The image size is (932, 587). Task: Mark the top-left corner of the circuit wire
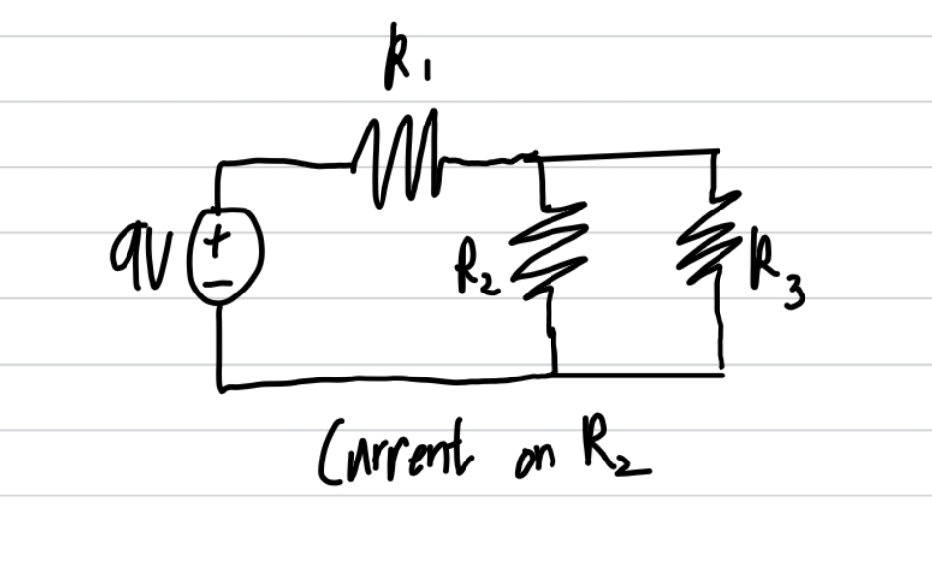218,164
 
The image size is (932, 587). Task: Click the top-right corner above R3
716,152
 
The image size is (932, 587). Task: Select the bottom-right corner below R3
722,374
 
